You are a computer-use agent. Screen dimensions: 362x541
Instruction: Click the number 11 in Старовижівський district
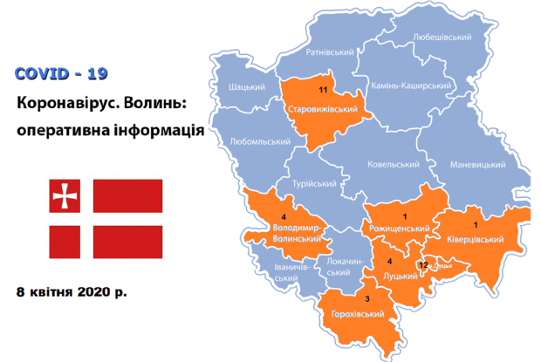(x=323, y=90)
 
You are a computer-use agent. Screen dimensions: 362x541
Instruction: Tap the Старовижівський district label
(x=323, y=109)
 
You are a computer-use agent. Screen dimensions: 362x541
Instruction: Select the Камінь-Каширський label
(x=411, y=85)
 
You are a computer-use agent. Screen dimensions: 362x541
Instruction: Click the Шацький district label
(x=247, y=87)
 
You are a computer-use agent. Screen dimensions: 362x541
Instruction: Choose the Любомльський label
(x=256, y=140)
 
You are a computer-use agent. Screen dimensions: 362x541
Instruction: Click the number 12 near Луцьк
(x=423, y=264)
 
